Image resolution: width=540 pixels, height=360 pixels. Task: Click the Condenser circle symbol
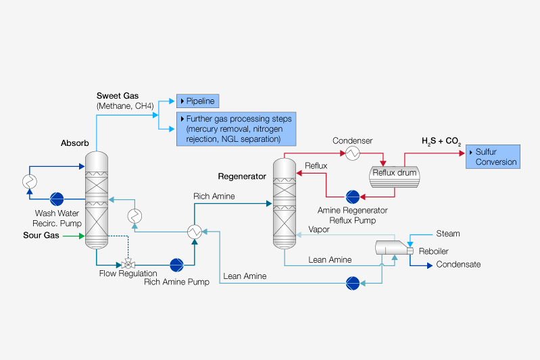(x=353, y=153)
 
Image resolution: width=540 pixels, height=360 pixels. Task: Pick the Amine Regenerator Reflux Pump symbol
(x=352, y=197)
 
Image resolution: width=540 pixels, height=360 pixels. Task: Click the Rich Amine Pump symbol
(x=177, y=263)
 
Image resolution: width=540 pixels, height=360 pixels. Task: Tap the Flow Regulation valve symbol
(x=126, y=263)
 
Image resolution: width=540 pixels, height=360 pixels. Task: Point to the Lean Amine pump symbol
(x=352, y=282)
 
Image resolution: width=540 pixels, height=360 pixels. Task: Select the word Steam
(x=447, y=234)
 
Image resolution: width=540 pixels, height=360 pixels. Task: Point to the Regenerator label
(x=242, y=177)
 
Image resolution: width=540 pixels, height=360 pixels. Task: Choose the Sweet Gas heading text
(x=116, y=95)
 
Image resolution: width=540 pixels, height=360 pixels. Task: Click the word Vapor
(x=319, y=230)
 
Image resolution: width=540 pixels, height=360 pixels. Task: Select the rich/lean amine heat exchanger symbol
(x=194, y=232)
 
